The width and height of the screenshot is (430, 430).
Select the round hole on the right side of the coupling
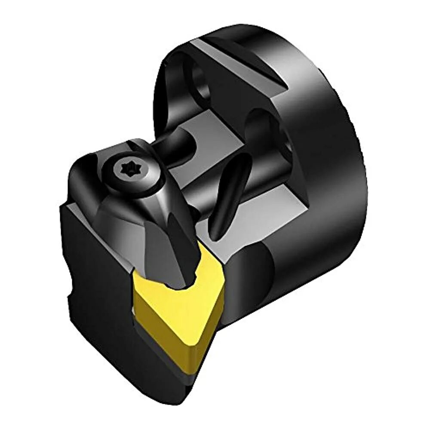(262, 129)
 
